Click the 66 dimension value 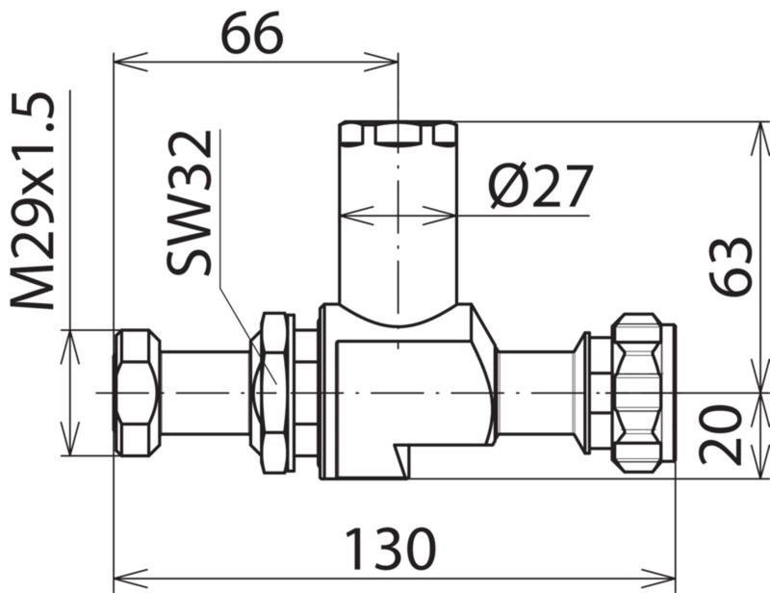pos(252,33)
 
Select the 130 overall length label pos(391,549)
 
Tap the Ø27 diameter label pos(541,186)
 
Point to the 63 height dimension pos(731,266)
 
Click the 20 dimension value pos(721,435)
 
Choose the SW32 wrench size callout pos(190,202)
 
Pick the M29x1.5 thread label pos(33,200)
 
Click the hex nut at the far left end pos(137,393)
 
